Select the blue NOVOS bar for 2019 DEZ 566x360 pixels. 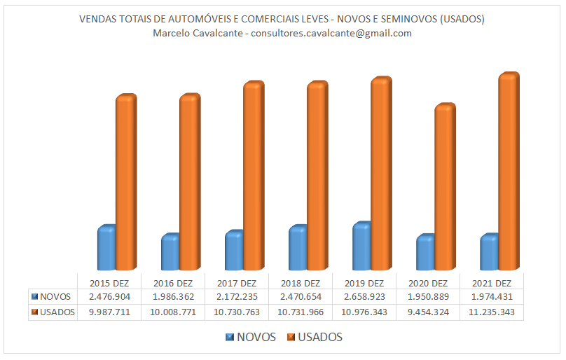pyautogui.click(x=361, y=247)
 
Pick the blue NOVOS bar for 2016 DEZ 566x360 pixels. pyautogui.click(x=170, y=252)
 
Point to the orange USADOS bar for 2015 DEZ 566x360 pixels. pyautogui.click(x=125, y=182)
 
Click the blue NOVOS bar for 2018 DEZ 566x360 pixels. pyautogui.click(x=297, y=248)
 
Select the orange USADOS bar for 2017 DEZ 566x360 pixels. pyautogui.click(x=253, y=176)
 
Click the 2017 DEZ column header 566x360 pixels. pyautogui.click(x=236, y=283)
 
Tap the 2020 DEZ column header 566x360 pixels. pyautogui.click(x=427, y=283)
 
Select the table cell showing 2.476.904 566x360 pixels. pyautogui.click(x=109, y=297)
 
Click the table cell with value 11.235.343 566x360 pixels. pyautogui.click(x=491, y=312)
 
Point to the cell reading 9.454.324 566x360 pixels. pyautogui.click(x=427, y=312)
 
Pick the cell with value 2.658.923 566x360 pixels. pyautogui.click(x=364, y=297)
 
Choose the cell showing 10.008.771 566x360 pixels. pyautogui.click(x=172, y=312)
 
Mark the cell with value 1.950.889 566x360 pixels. pyautogui.click(x=427, y=297)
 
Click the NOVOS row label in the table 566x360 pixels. pyautogui.click(x=55, y=297)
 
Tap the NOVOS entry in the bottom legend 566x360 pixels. pyautogui.click(x=254, y=338)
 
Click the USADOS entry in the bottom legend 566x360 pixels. pyautogui.click(x=319, y=338)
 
